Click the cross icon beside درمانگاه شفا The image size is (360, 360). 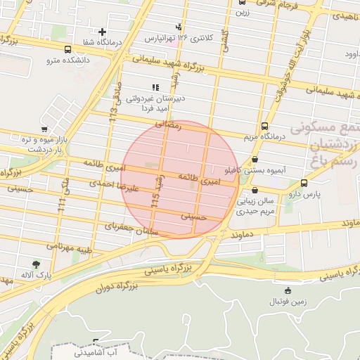click(103, 32)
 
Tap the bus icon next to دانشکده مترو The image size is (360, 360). click(67, 50)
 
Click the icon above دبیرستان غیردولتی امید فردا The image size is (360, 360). click(155, 86)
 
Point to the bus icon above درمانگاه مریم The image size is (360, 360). click(264, 127)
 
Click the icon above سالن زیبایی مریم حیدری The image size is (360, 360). click(254, 190)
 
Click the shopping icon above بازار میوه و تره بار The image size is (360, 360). click(44, 129)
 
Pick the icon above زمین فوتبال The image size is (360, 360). click(287, 290)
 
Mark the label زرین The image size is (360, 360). click(243, 12)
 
